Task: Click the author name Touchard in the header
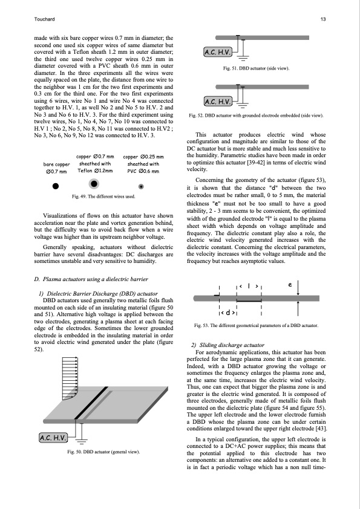(44, 19)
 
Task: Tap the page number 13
(323, 19)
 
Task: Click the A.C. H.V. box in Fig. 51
(218, 52)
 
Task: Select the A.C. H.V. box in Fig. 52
(218, 102)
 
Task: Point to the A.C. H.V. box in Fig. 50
(53, 438)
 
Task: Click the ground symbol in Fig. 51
(244, 58)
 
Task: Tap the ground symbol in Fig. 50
(82, 441)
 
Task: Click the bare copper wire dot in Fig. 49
(56, 186)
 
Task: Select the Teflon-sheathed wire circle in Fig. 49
(94, 184)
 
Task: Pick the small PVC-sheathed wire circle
(141, 186)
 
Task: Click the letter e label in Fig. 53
(290, 285)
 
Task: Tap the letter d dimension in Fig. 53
(228, 313)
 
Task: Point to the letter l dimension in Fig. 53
(249, 286)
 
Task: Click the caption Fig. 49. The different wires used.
(103, 196)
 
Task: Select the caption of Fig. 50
(103, 452)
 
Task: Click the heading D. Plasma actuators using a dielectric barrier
(91, 279)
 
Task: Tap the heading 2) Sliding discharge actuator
(227, 345)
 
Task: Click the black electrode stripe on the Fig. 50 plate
(91, 403)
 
